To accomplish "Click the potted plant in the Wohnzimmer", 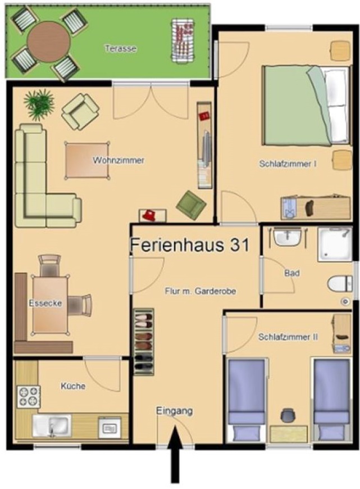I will [x=39, y=104].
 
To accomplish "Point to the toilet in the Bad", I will [x=339, y=284].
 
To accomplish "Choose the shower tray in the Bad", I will [x=335, y=244].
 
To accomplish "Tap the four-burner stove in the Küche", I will [x=28, y=397].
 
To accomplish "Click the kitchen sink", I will [x=51, y=425].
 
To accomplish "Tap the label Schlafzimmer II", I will [x=288, y=337].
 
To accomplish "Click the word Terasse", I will [x=121, y=48].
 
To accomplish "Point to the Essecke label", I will [x=45, y=304].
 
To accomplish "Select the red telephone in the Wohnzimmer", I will [x=149, y=215].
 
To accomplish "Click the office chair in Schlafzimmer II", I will [x=289, y=416].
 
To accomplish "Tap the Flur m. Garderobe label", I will [x=200, y=291].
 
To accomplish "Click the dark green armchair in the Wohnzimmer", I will [x=190, y=205].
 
